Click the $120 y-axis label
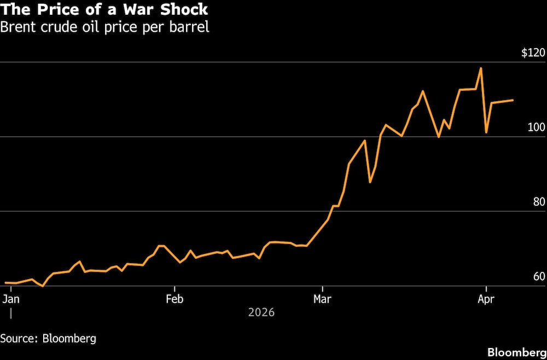tap(533, 53)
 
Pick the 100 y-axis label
tap(537, 127)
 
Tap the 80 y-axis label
tap(539, 202)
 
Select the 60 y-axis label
tap(539, 276)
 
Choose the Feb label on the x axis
tap(174, 299)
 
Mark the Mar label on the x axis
tap(323, 299)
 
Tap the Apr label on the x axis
tap(486, 299)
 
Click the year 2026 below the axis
tap(261, 312)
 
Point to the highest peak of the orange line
tap(481, 68)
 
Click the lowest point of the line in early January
tap(43, 286)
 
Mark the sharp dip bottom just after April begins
tap(486, 132)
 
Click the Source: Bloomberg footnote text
tap(48, 338)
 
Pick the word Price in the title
tap(55, 10)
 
